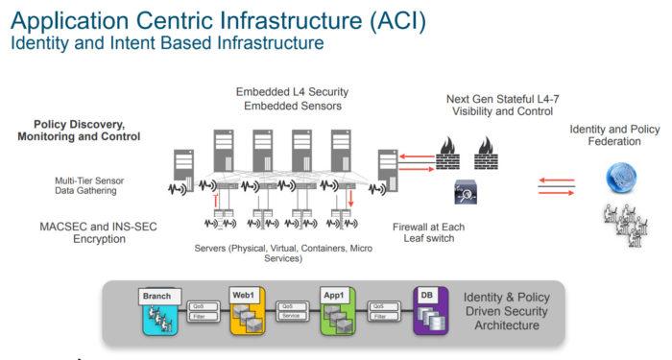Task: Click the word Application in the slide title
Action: pyautogui.click(x=60, y=20)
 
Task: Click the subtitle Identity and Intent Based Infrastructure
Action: pyautogui.click(x=166, y=43)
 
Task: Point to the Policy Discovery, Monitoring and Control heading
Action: pyautogui.click(x=79, y=131)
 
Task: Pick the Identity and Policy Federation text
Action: pyautogui.click(x=613, y=135)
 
